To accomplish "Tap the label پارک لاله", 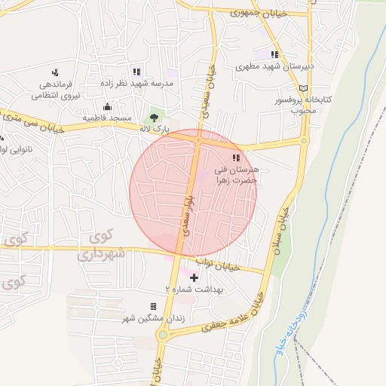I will [154, 130].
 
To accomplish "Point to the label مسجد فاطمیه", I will [107, 118].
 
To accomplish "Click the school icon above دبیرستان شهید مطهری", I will [275, 54].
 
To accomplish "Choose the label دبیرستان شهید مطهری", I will [274, 67].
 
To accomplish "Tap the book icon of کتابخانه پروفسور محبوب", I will [303, 88].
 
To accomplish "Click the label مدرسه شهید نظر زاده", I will [137, 82].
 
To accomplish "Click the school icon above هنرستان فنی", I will [237, 158].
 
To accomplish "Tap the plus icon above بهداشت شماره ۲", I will [194, 277].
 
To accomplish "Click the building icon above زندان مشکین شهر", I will [154, 306].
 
